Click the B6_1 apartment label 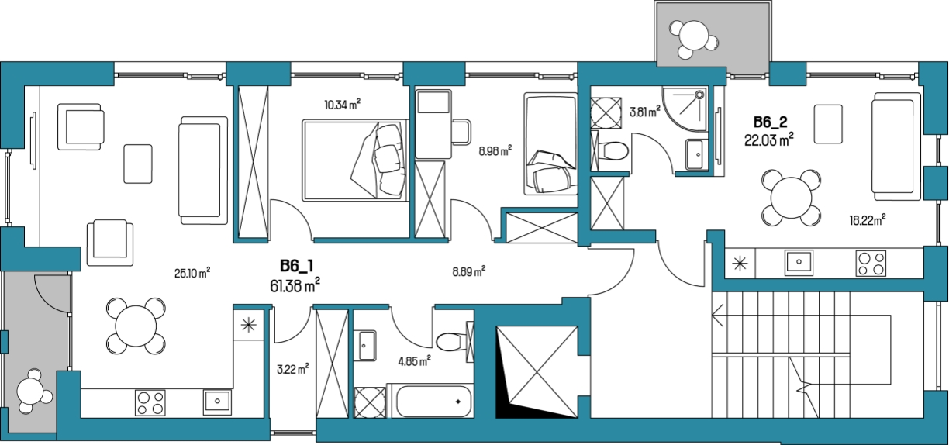pyautogui.click(x=296, y=266)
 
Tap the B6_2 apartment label pyautogui.click(x=770, y=122)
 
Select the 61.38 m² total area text pyautogui.click(x=295, y=286)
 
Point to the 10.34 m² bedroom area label pyautogui.click(x=343, y=104)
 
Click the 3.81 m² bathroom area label pyautogui.click(x=645, y=112)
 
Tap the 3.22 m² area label pyautogui.click(x=293, y=369)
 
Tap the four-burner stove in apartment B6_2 pyautogui.click(x=871, y=263)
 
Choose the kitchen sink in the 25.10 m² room pyautogui.click(x=217, y=402)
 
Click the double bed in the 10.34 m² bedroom pyautogui.click(x=355, y=160)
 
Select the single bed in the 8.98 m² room pyautogui.click(x=550, y=144)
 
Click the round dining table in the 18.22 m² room pyautogui.click(x=791, y=198)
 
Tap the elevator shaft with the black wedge pyautogui.click(x=537, y=371)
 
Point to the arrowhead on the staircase pyautogui.click(x=717, y=316)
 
